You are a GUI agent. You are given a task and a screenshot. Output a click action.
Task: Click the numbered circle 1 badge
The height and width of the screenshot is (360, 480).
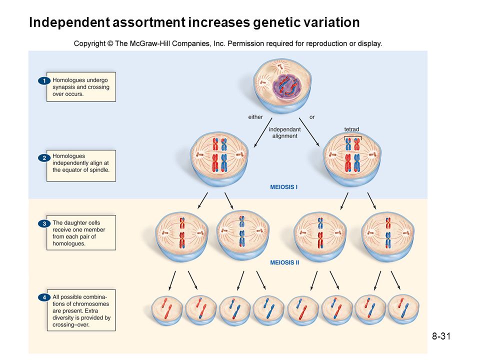[44, 81]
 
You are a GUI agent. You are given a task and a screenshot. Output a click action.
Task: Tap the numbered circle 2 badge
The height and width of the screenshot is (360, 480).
[44, 158]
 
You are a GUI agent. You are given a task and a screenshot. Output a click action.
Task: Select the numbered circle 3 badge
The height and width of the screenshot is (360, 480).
[44, 224]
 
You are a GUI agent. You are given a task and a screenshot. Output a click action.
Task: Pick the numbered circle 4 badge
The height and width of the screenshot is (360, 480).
[44, 297]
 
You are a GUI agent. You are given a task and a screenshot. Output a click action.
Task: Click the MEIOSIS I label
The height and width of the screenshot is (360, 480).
[284, 187]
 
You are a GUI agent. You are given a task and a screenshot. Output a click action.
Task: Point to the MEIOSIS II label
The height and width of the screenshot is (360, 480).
[284, 262]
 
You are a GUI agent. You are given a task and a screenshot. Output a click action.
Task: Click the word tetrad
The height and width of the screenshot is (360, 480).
[351, 129]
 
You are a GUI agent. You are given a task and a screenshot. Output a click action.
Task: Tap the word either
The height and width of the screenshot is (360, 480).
[255, 117]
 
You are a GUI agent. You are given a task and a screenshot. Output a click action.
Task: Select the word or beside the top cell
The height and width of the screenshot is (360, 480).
[312, 117]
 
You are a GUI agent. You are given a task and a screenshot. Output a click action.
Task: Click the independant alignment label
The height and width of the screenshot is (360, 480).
[284, 132]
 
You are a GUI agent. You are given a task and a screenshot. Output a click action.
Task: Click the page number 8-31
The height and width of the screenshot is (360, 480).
[441, 336]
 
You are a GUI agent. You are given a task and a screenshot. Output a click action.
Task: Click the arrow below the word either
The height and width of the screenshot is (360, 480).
[263, 132]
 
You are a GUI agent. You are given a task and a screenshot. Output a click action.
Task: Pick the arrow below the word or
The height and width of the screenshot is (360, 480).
[309, 132]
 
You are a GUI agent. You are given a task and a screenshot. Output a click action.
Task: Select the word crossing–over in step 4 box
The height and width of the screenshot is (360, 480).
[71, 325]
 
